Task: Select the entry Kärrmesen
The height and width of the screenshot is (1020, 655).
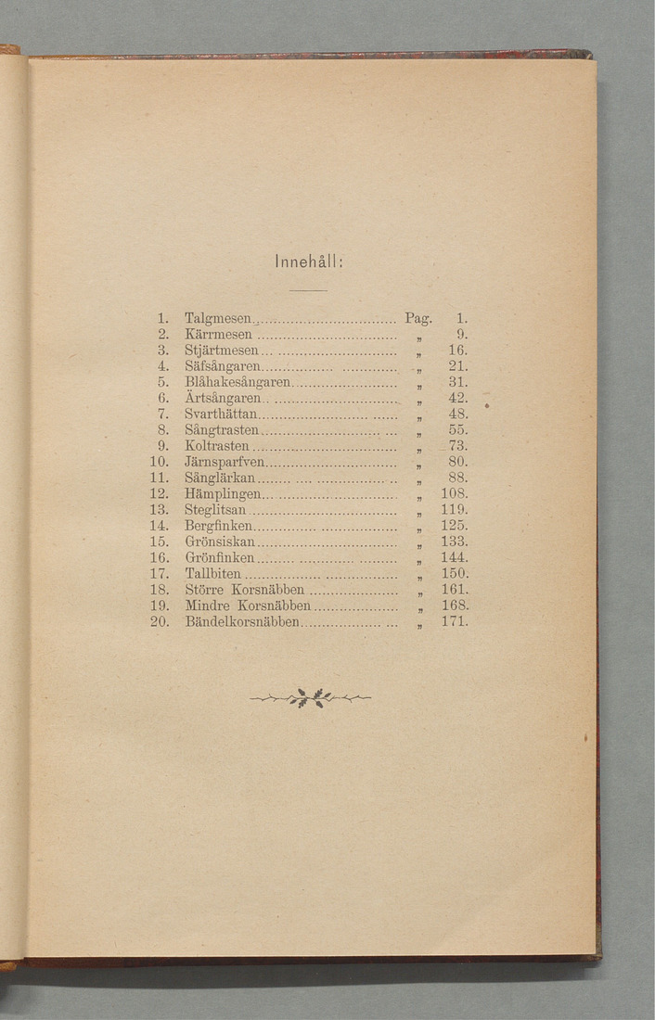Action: coord(218,335)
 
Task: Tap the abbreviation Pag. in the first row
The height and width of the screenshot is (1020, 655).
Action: coord(418,318)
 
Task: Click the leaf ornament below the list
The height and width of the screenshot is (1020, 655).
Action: coord(310,698)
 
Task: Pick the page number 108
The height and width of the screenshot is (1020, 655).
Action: coord(455,493)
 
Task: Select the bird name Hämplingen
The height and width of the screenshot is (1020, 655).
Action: coord(222,493)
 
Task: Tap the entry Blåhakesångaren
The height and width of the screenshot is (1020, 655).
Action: coord(238,382)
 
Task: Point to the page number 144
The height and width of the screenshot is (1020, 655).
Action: coord(455,557)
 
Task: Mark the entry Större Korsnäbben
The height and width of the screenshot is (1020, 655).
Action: coord(245,589)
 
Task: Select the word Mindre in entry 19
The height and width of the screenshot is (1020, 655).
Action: coord(205,605)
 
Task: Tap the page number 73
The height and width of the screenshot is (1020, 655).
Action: coord(457,446)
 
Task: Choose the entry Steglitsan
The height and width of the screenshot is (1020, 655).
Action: coord(216,509)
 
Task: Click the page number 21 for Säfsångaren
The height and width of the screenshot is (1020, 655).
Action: coord(457,366)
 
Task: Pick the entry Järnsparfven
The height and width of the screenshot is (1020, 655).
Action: coord(225,462)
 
